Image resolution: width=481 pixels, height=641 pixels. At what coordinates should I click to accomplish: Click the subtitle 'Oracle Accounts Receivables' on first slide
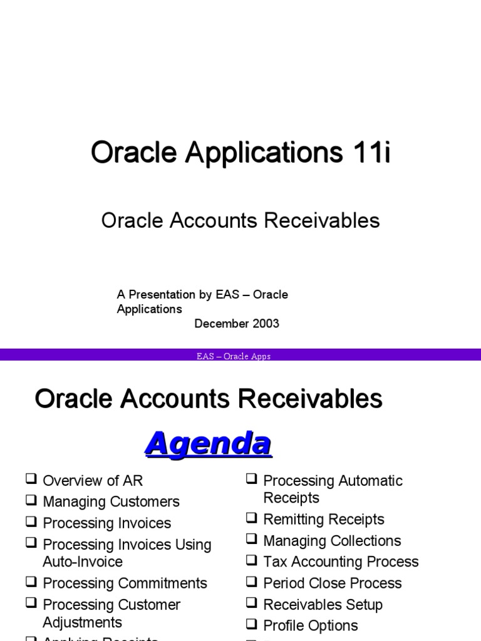click(x=240, y=220)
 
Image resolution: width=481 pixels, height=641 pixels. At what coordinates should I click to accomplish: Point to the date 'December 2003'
click(x=237, y=324)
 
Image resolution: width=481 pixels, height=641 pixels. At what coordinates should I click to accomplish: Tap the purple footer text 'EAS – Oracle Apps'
click(x=233, y=357)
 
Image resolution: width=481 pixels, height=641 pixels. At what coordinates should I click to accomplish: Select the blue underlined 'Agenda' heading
click(x=208, y=444)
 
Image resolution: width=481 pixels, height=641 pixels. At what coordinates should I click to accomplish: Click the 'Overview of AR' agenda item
click(x=93, y=481)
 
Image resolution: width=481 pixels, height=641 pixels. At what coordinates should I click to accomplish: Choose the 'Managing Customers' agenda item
click(x=111, y=502)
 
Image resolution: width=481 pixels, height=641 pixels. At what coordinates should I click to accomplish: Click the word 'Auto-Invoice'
click(x=83, y=562)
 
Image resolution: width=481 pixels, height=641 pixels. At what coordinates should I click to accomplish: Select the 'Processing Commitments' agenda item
click(x=125, y=583)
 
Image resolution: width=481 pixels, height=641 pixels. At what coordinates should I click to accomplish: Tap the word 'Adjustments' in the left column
click(x=82, y=622)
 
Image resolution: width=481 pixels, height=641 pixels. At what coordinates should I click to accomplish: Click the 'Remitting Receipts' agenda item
click(x=324, y=520)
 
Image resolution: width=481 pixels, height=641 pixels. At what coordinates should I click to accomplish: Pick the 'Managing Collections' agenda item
click(x=332, y=541)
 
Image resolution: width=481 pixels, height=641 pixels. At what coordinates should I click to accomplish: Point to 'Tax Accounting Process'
click(x=341, y=562)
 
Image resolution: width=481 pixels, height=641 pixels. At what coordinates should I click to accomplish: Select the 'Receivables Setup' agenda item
click(x=323, y=605)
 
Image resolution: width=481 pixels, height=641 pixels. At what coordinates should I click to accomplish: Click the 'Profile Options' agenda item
click(x=311, y=626)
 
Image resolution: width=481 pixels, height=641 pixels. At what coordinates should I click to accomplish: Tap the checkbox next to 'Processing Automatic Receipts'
click(x=252, y=479)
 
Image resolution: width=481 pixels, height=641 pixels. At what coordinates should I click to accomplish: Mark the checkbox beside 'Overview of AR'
click(x=31, y=479)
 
